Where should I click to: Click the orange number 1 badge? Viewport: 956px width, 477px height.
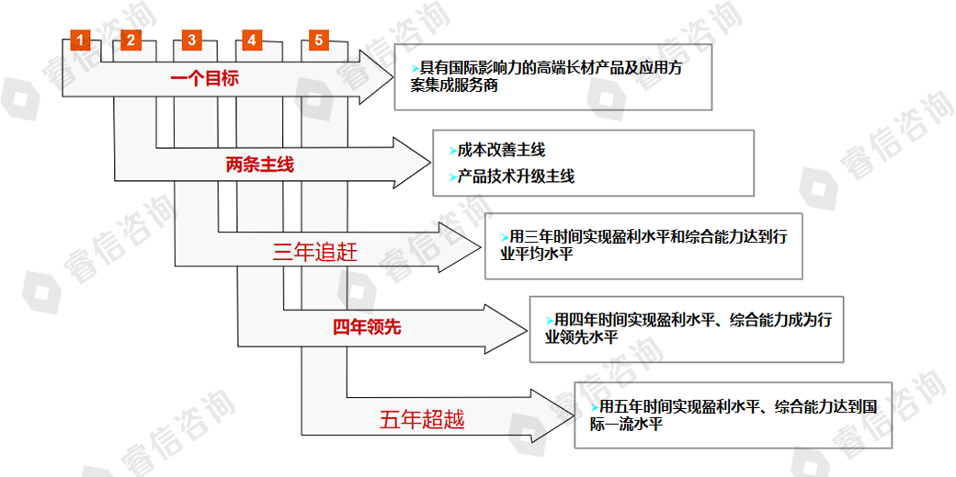tap(81, 40)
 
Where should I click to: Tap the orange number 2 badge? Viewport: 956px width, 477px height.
tap(131, 40)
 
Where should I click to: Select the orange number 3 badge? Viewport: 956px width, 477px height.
tap(190, 40)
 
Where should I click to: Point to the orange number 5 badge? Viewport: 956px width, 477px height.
tap(317, 40)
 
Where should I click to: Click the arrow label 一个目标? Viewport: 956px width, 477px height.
tap(204, 79)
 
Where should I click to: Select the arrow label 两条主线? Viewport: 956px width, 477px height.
tap(259, 166)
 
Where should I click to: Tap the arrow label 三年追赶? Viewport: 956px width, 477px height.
tap(315, 252)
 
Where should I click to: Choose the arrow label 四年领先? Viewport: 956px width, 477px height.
tap(367, 327)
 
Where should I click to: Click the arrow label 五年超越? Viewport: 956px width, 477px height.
tap(422, 420)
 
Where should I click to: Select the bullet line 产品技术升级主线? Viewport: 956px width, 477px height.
tap(516, 176)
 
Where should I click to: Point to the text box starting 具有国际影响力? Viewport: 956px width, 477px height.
tap(554, 77)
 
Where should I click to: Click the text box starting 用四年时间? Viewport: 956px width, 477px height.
tap(686, 328)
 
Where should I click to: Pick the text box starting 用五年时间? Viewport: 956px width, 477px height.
tap(732, 414)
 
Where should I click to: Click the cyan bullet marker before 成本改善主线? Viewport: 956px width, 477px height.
tap(452, 150)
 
